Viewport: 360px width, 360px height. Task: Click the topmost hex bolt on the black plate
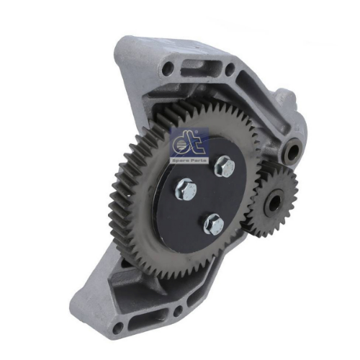pos(225,166)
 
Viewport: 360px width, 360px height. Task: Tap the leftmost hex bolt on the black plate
pos(186,189)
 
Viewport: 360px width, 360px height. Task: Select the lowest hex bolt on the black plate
pos(214,225)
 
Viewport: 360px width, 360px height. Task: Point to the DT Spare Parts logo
pos(189,146)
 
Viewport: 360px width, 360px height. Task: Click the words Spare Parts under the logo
pos(189,160)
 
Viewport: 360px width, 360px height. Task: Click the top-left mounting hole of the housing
pos(168,68)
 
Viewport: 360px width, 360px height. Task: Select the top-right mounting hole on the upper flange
pos(230,68)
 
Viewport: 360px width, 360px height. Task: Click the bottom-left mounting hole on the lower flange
pos(118,328)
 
